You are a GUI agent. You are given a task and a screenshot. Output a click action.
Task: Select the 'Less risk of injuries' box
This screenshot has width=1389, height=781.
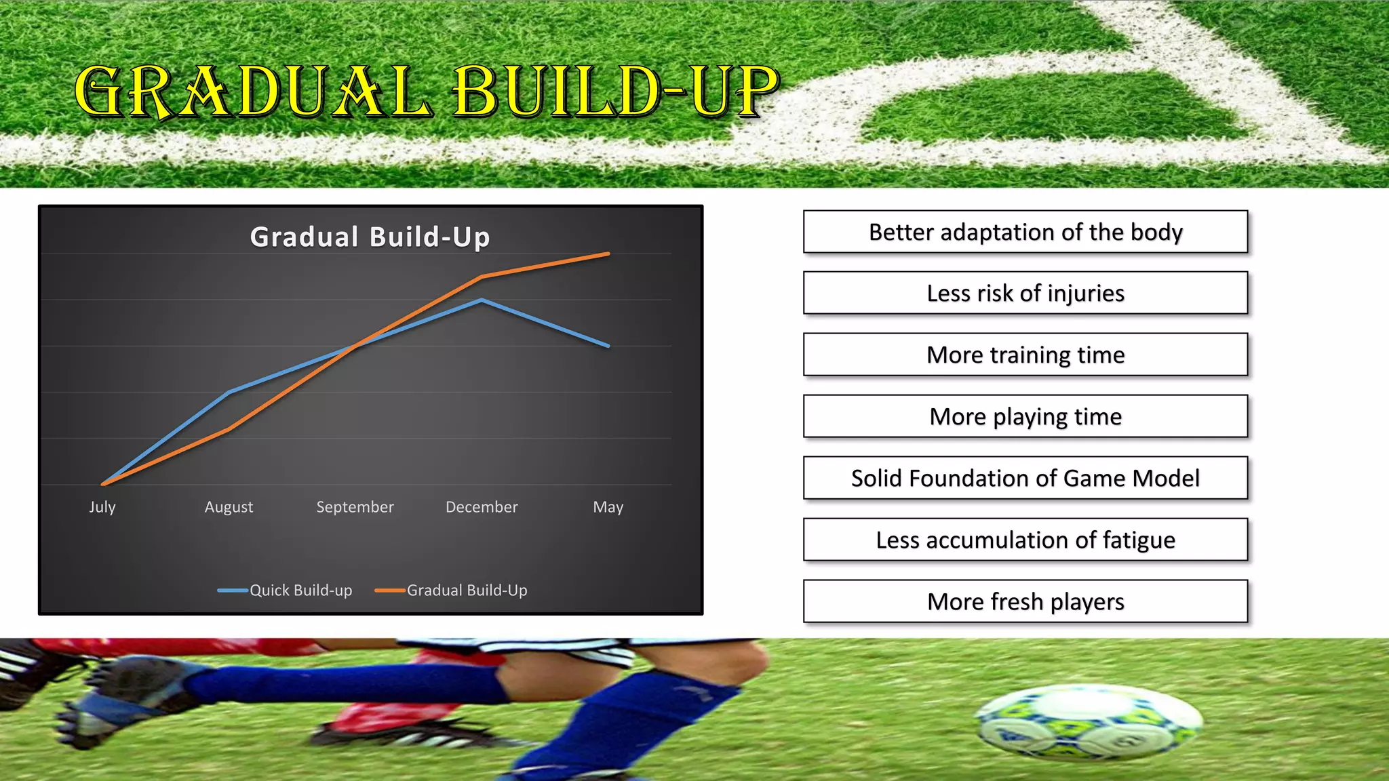pos(1025,293)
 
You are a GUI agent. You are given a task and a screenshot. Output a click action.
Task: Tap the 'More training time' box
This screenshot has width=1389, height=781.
pos(1025,355)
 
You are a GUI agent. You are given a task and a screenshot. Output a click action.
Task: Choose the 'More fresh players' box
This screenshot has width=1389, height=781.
pos(1025,601)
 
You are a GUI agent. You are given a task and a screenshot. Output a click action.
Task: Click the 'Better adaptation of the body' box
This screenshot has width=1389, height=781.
pos(1025,232)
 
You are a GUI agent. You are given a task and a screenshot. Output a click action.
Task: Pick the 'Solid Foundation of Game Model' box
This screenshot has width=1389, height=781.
pos(1025,478)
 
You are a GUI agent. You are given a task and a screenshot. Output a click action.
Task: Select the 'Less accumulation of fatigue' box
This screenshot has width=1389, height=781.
pos(1025,540)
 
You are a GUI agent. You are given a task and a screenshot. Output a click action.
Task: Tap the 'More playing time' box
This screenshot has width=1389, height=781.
pos(1025,416)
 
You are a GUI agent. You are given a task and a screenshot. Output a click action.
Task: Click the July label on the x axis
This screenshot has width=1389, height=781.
pos(102,507)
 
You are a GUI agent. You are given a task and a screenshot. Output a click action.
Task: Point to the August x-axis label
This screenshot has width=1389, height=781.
pos(229,507)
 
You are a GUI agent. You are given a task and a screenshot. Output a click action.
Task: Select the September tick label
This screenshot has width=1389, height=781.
pos(355,507)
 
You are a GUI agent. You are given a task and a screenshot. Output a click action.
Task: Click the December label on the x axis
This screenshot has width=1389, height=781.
pos(482,507)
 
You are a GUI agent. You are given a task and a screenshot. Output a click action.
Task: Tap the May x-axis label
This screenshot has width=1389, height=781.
pos(608,507)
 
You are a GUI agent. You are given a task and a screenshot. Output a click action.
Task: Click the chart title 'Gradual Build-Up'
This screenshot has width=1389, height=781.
pos(370,237)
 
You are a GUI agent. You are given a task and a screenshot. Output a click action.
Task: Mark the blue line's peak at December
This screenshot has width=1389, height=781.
pos(482,300)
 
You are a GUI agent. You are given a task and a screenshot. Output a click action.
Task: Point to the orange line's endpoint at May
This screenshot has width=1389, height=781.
pos(608,254)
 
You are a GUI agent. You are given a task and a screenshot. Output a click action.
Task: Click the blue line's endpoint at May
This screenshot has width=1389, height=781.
pos(608,346)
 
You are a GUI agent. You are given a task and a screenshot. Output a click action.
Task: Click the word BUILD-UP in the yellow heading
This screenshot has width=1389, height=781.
pos(616,92)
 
